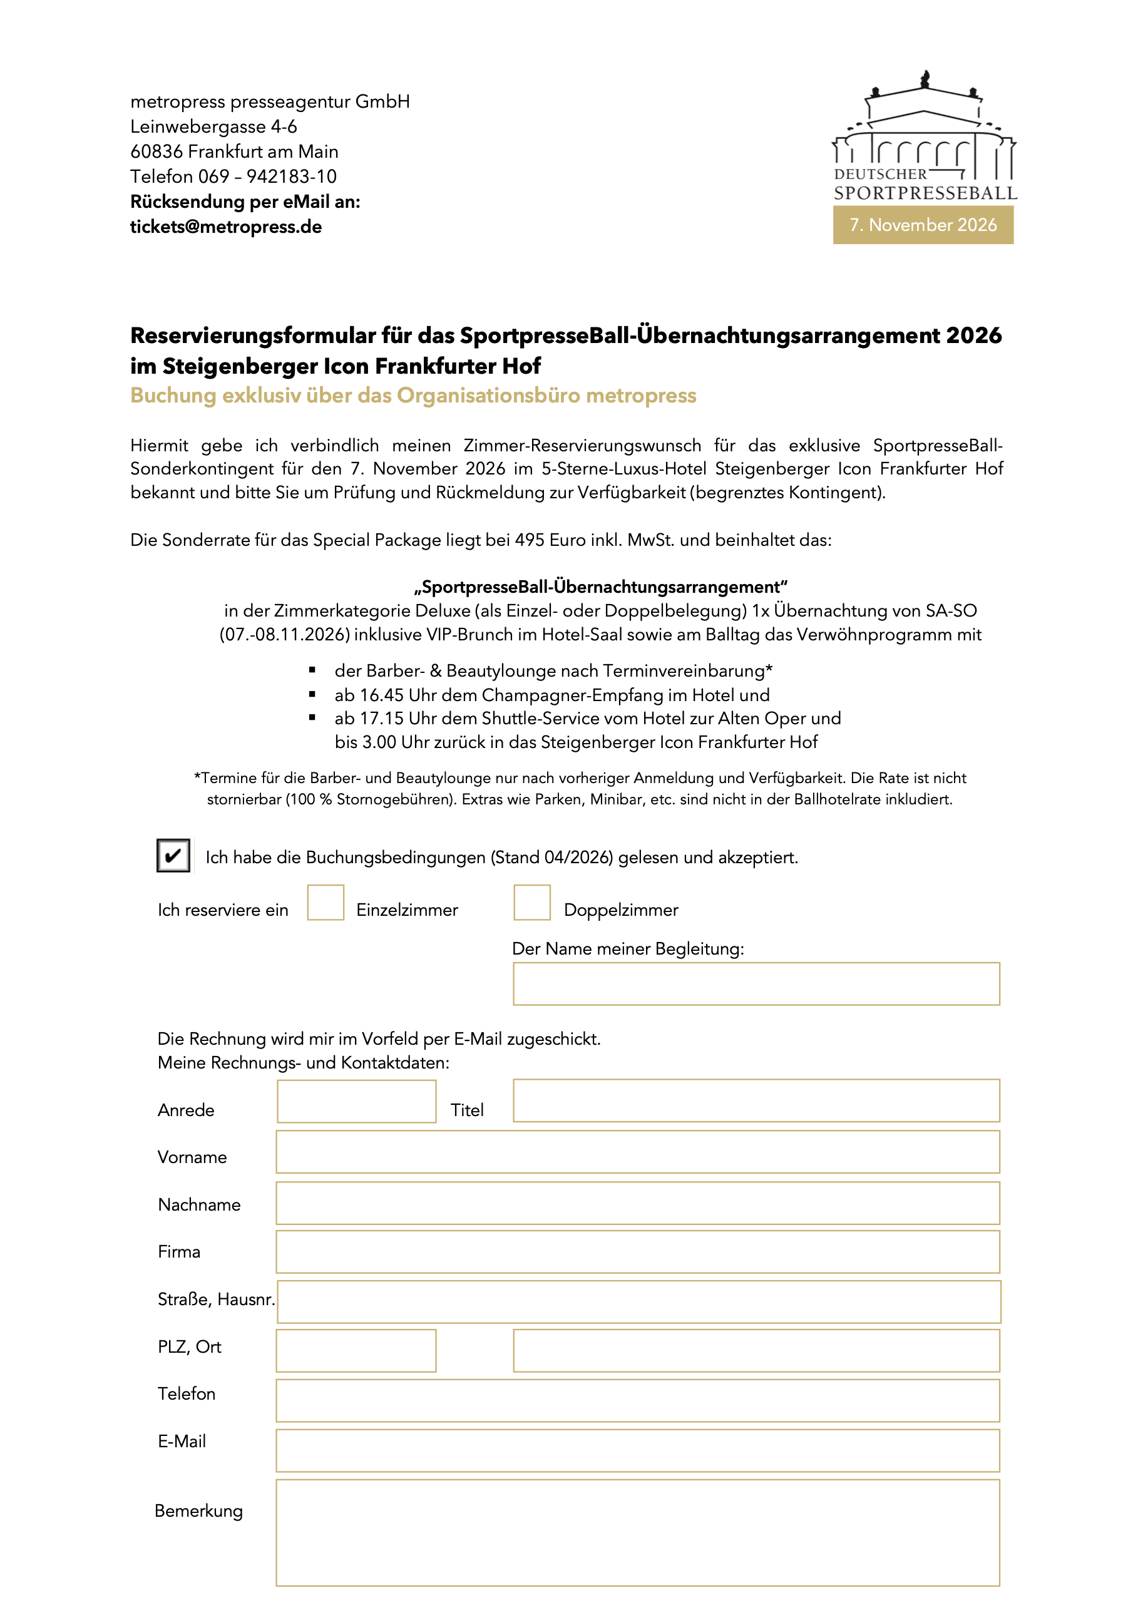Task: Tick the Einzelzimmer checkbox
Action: (x=325, y=903)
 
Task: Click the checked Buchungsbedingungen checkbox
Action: (x=173, y=855)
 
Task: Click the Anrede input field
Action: (x=357, y=1102)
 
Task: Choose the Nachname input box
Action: (x=637, y=1204)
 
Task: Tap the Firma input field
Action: (x=637, y=1252)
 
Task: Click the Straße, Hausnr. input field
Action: (x=638, y=1302)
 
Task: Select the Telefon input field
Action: (x=637, y=1400)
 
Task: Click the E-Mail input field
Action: (x=637, y=1450)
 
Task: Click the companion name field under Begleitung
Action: (x=756, y=984)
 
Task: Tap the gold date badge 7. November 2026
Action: (x=923, y=225)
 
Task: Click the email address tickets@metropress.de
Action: (x=226, y=227)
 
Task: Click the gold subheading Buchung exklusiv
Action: (x=413, y=396)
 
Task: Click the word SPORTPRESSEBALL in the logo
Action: (x=925, y=193)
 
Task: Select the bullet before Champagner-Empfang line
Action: (x=312, y=695)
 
